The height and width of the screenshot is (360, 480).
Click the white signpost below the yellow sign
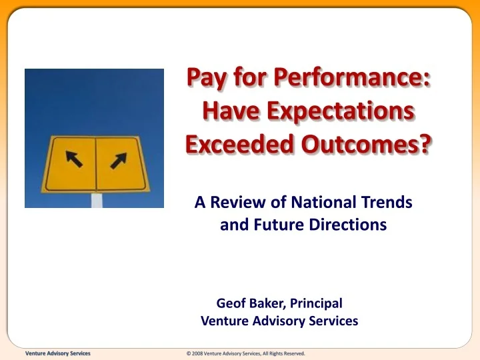pyautogui.click(x=97, y=199)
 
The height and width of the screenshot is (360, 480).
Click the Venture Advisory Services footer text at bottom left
pyautogui.click(x=57, y=353)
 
